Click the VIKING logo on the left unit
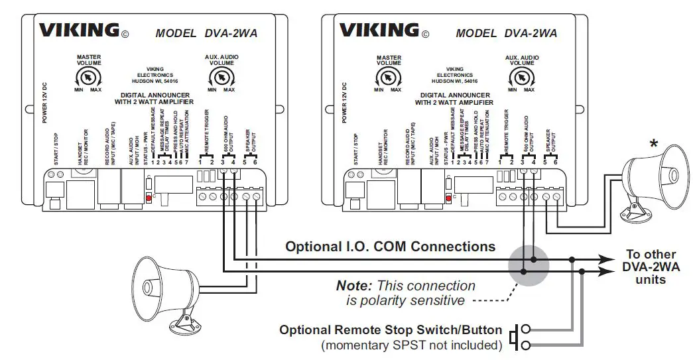coord(78,30)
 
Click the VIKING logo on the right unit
coord(379,30)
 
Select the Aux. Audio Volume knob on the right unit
coord(521,78)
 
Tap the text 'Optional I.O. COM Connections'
coord(390,247)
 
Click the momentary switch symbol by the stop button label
coord(521,336)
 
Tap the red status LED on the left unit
coord(148,198)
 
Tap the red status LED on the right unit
coord(449,198)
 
